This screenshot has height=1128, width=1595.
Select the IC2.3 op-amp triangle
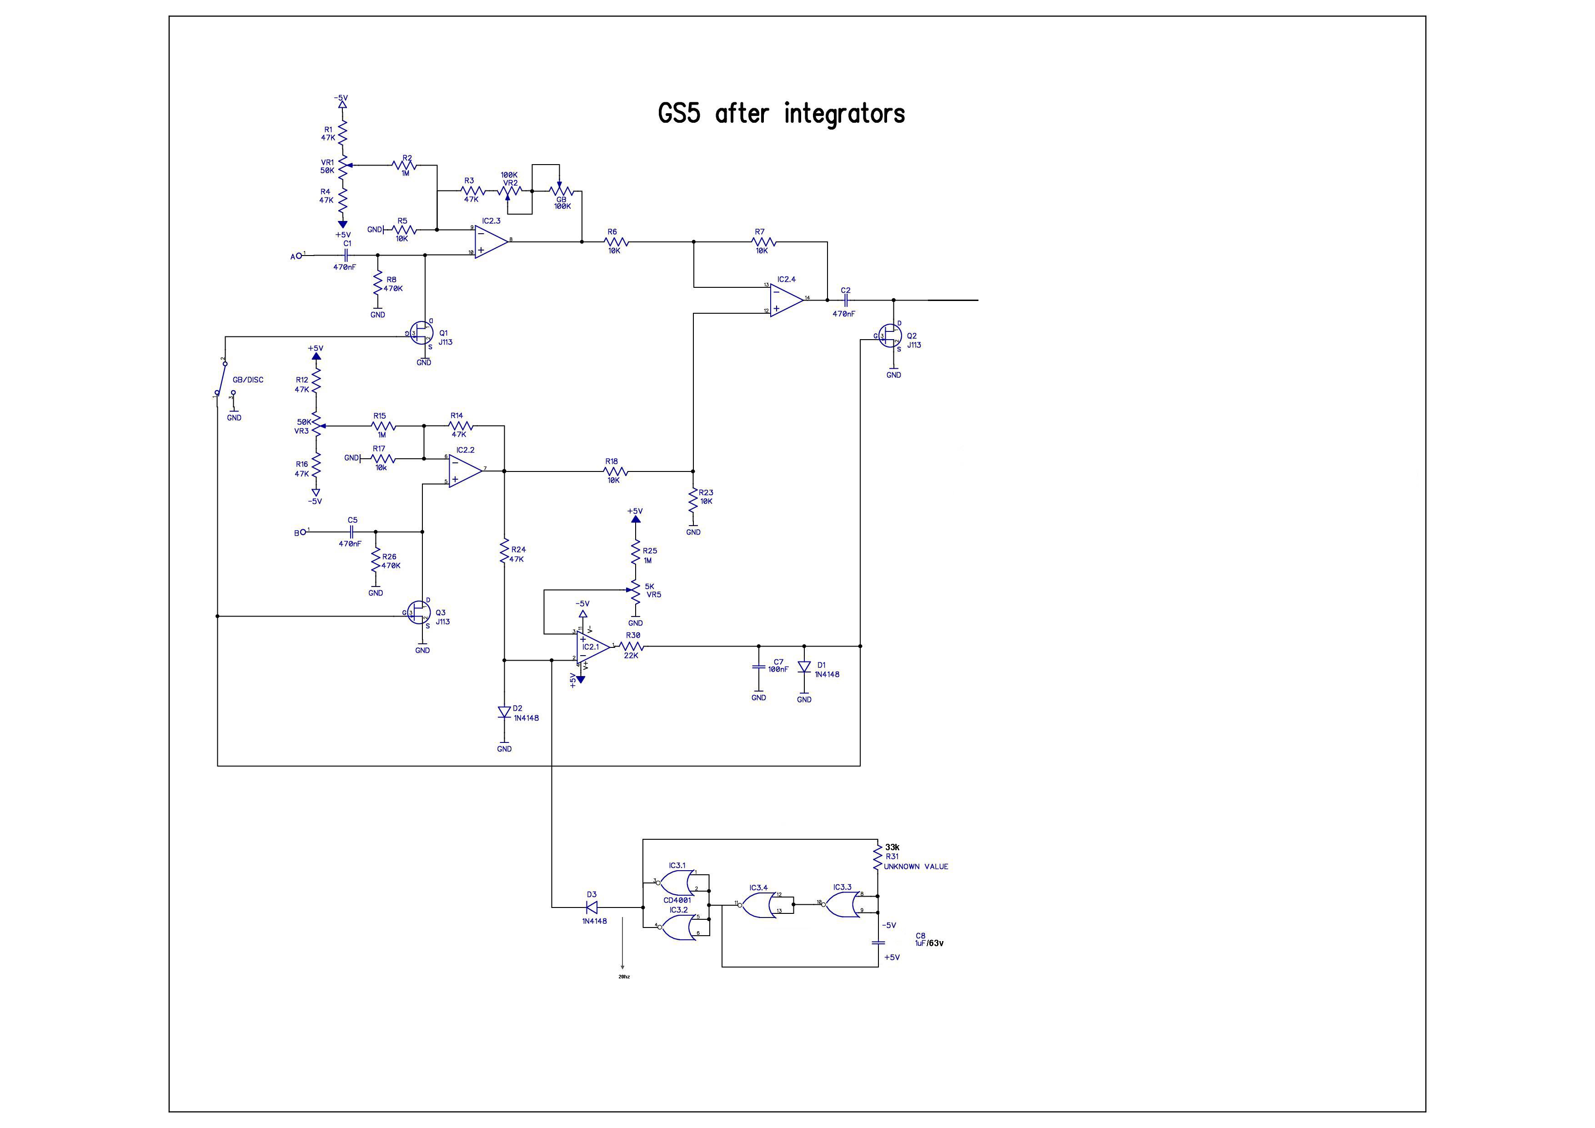point(491,242)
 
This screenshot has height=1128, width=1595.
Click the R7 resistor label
point(759,232)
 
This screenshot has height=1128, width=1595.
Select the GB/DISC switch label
point(248,380)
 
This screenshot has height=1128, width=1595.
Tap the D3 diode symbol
point(592,907)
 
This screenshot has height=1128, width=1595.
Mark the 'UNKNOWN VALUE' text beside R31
point(916,867)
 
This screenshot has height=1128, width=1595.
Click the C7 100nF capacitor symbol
point(758,667)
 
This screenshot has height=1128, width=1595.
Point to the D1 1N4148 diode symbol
point(804,667)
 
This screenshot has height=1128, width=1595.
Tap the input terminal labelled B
point(301,533)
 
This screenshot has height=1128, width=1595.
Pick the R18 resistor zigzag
point(616,471)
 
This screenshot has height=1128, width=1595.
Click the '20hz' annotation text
point(624,977)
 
